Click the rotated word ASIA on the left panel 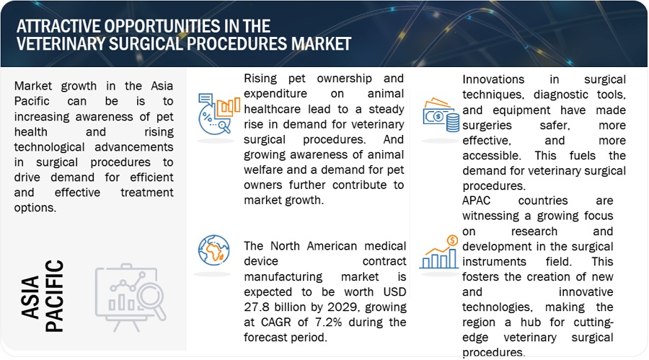(x=30, y=297)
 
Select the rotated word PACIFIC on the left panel (x=54, y=296)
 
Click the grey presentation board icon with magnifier (x=131, y=297)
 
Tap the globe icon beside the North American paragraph (x=213, y=250)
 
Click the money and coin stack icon (x=441, y=115)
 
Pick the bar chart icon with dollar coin (x=439, y=252)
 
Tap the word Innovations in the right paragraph (x=493, y=79)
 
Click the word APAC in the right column (x=476, y=201)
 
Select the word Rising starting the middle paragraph (x=260, y=79)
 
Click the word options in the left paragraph (x=35, y=208)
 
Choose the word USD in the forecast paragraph (x=395, y=291)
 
